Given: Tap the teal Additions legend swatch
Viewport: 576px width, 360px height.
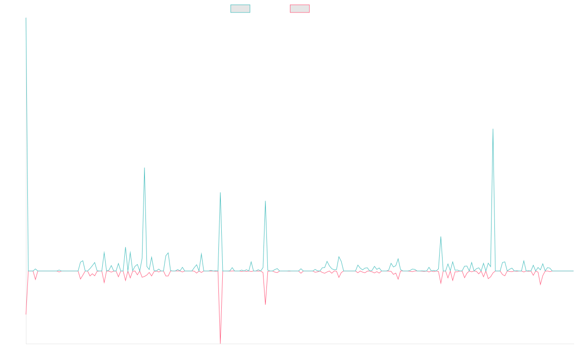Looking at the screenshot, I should (x=240, y=9).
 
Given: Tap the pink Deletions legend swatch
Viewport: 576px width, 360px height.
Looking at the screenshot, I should (x=300, y=9).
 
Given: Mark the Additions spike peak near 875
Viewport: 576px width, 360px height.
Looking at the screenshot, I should (x=493, y=129).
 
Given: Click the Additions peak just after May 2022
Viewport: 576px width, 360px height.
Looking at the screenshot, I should (x=144, y=168).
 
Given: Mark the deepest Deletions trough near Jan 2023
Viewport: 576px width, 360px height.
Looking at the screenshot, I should (x=221, y=343).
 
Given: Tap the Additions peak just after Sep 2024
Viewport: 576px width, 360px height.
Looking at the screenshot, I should (x=441, y=237).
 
